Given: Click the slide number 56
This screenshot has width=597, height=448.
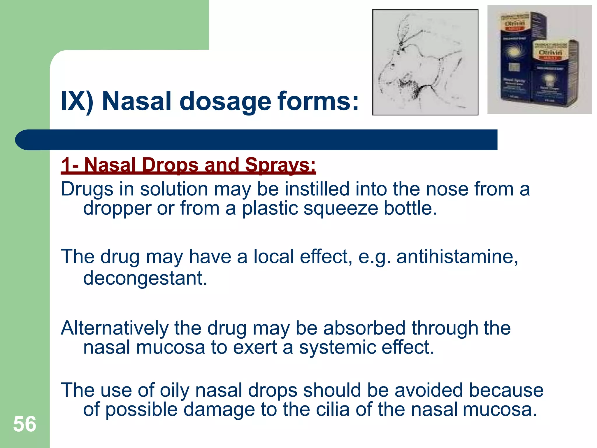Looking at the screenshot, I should [x=25, y=424].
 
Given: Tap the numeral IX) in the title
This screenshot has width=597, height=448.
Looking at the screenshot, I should [x=77, y=101].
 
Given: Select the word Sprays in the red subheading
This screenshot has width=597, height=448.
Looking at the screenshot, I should [x=280, y=165].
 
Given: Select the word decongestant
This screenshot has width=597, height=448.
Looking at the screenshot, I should [x=145, y=278].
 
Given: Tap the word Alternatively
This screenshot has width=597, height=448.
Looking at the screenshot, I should [x=115, y=328].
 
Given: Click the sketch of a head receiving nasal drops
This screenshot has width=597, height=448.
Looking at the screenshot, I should [x=425, y=62].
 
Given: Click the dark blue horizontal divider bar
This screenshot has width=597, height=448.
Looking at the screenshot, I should [x=257, y=140].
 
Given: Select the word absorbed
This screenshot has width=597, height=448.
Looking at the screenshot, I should [x=364, y=328].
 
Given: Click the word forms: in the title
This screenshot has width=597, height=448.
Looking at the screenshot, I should [x=318, y=101].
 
